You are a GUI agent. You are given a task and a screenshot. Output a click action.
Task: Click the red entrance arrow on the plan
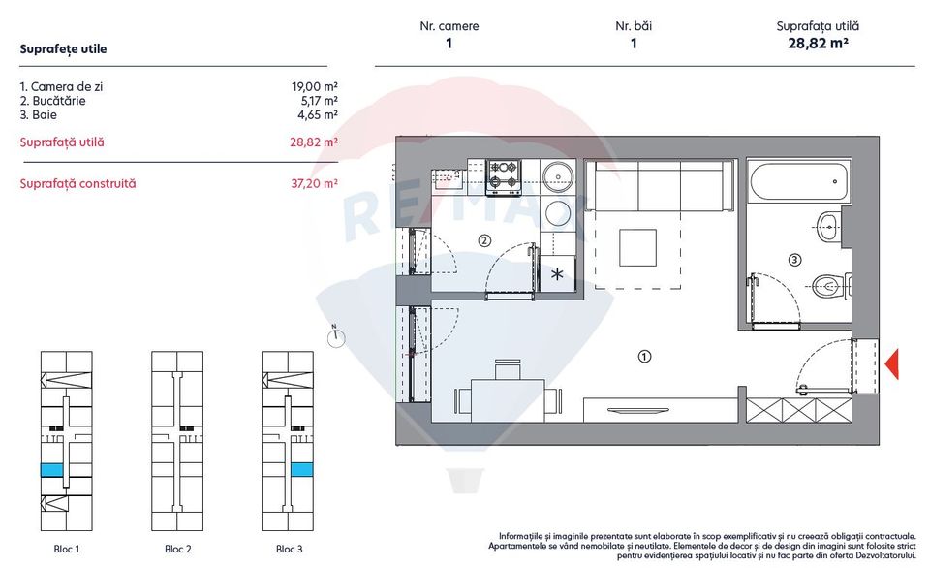893,363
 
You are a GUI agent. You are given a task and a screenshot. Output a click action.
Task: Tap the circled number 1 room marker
644,356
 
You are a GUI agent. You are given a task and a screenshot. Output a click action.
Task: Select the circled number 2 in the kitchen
483,241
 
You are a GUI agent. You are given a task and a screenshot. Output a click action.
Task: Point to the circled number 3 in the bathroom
795,260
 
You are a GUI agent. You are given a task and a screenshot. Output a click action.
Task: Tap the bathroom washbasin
828,229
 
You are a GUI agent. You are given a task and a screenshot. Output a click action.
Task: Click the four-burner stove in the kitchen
504,174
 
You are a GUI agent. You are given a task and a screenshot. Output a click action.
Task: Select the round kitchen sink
559,175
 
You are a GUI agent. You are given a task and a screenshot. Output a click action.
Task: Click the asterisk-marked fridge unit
558,273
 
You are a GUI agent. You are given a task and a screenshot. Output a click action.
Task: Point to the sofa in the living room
661,187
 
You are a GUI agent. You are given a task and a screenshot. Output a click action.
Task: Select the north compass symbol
335,337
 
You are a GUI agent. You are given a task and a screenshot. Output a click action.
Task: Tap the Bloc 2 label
176,550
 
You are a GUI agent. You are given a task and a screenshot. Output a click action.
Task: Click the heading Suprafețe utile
63,48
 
